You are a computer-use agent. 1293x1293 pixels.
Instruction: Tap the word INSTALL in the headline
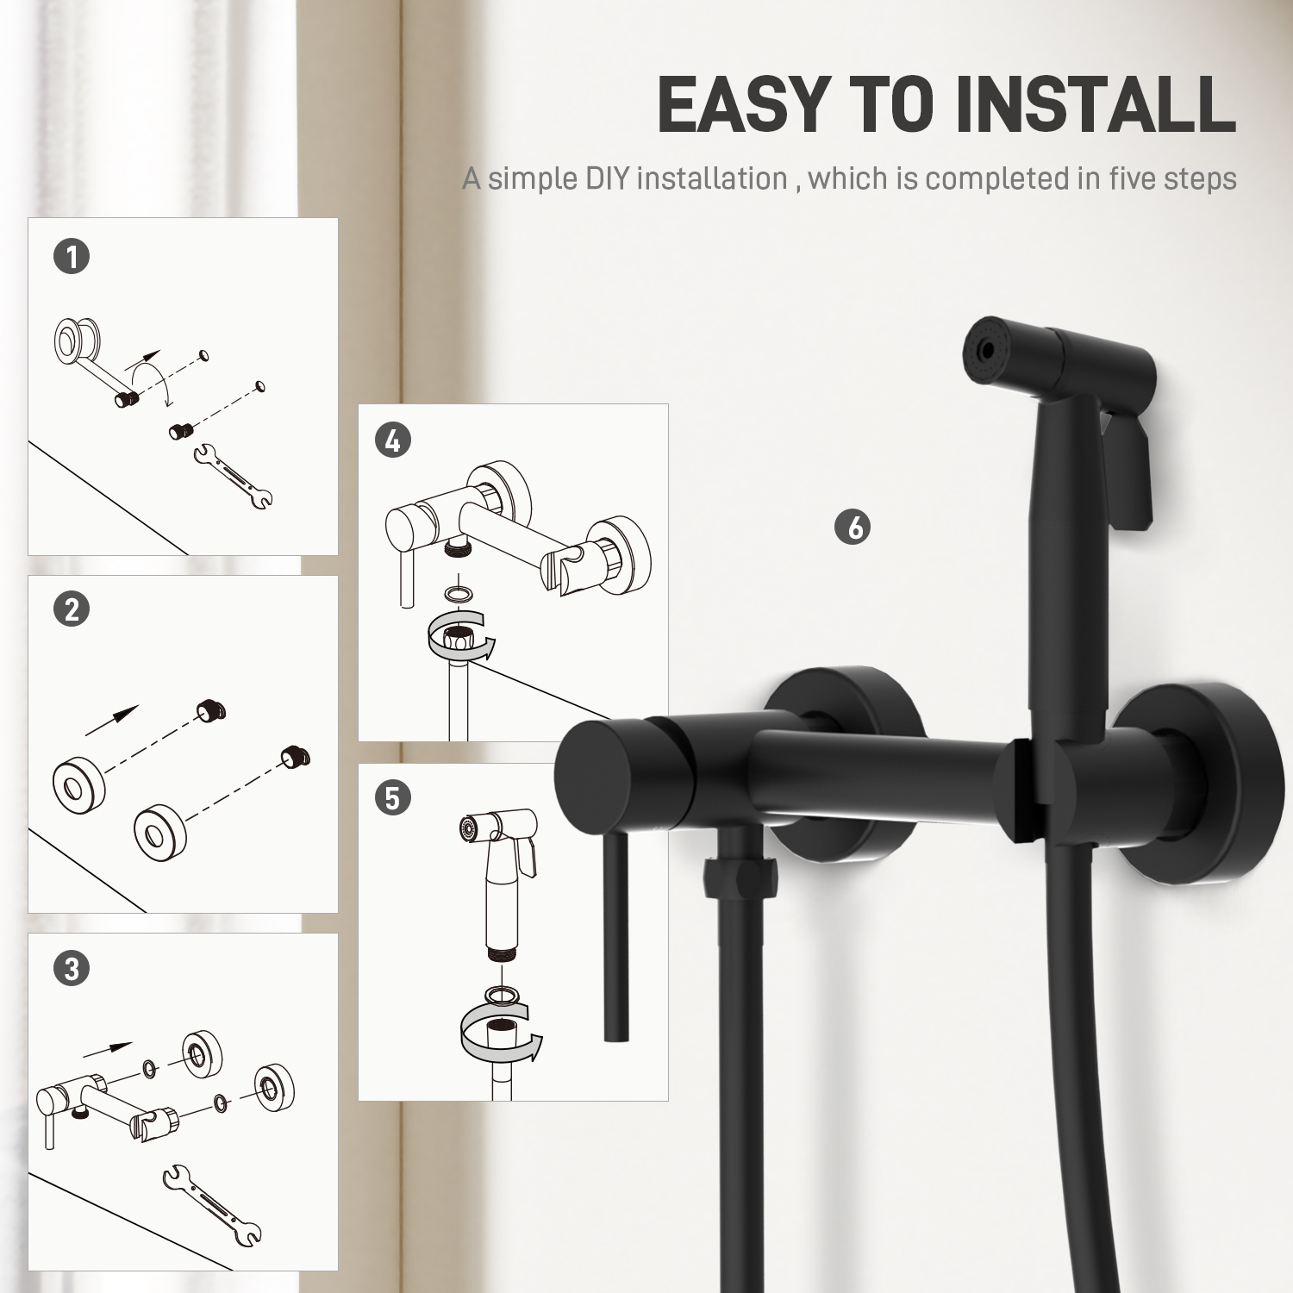1096,104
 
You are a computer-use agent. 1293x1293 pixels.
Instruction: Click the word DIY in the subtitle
608,178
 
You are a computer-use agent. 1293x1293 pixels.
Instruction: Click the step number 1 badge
72,256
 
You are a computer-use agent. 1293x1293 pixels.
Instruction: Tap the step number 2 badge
72,609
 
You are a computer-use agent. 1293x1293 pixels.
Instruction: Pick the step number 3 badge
72,968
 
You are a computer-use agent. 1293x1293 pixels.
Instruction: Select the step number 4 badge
393,440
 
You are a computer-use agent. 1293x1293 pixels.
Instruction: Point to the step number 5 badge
393,797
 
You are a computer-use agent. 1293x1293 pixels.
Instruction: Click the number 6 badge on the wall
853,527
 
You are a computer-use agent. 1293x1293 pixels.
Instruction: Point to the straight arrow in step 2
112,720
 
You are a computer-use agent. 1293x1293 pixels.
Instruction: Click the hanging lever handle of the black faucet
616,935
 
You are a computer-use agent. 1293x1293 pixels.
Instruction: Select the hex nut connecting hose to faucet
739,878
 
